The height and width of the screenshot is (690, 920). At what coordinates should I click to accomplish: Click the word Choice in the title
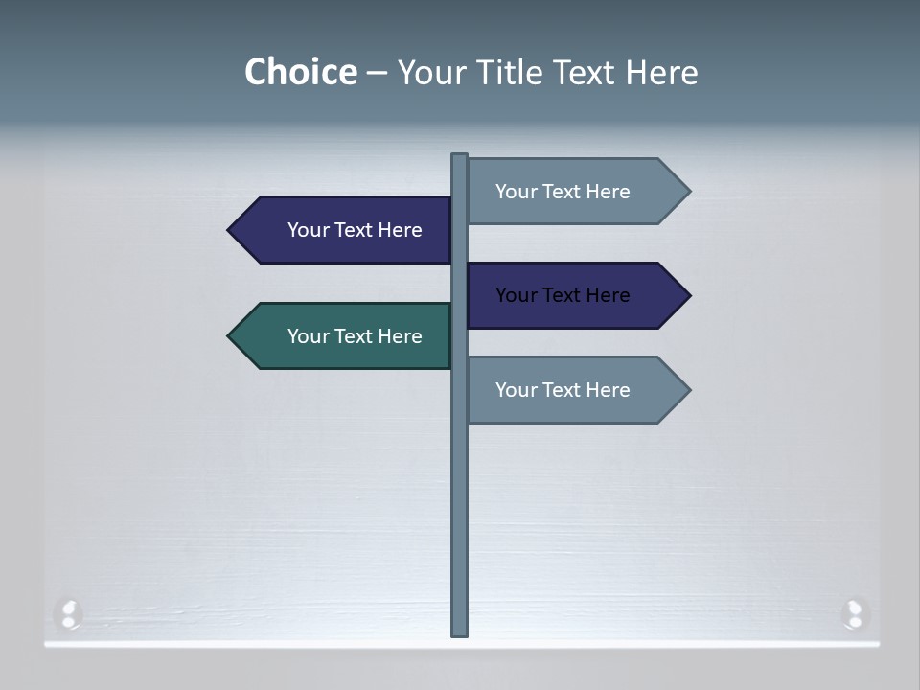click(300, 72)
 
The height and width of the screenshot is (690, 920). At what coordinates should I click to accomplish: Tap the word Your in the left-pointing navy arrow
click(308, 230)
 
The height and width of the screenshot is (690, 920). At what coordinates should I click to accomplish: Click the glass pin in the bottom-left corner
click(69, 613)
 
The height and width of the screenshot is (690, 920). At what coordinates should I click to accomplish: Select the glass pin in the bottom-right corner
click(854, 613)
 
